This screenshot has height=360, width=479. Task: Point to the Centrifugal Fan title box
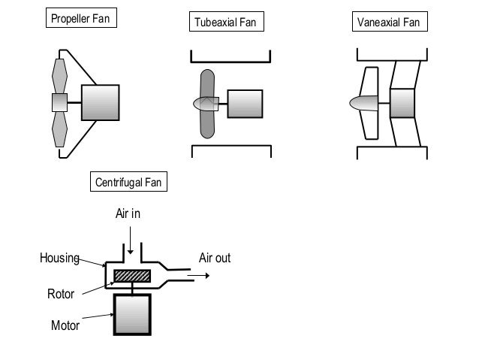click(129, 183)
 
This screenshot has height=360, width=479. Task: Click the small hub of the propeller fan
click(59, 102)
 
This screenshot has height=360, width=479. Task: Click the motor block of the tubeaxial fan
click(243, 104)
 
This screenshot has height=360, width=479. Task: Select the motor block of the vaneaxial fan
click(402, 103)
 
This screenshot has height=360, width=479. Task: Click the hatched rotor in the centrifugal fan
click(132, 276)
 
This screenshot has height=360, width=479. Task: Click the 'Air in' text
click(128, 214)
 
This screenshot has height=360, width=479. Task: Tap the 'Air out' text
click(214, 259)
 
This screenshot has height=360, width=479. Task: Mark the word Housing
click(59, 259)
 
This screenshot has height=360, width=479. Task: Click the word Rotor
click(62, 294)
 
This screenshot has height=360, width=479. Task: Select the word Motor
click(65, 326)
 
